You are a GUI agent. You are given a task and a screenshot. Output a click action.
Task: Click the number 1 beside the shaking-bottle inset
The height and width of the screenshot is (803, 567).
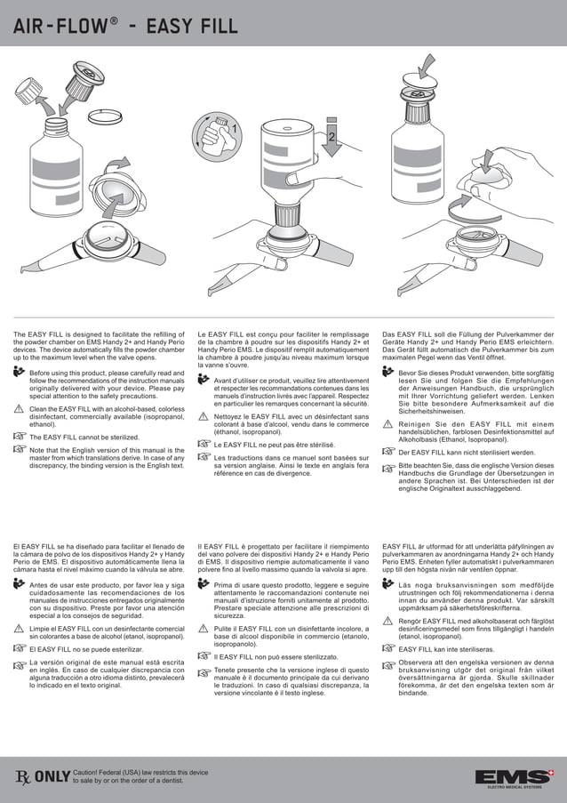235,130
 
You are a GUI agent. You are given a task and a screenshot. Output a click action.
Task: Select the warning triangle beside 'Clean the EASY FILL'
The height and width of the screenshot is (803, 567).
20,409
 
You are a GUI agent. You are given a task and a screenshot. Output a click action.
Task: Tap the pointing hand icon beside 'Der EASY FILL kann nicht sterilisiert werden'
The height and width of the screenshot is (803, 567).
389,453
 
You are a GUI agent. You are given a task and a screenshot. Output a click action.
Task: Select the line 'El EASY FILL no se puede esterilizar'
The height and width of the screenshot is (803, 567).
84,649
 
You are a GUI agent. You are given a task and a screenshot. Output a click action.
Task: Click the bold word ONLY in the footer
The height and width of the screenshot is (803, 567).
52,778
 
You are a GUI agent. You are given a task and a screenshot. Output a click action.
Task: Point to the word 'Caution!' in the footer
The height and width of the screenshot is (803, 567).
90,773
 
